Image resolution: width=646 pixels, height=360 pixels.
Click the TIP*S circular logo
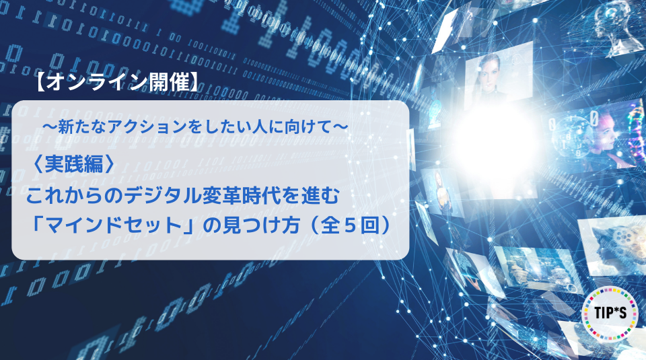(x=610, y=314)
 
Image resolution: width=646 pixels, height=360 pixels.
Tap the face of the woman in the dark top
(x=488, y=74)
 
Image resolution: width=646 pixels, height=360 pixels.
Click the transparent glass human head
(x=617, y=25)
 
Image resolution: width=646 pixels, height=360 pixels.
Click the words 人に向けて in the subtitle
(x=294, y=127)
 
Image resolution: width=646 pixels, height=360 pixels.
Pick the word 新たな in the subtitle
(x=82, y=127)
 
